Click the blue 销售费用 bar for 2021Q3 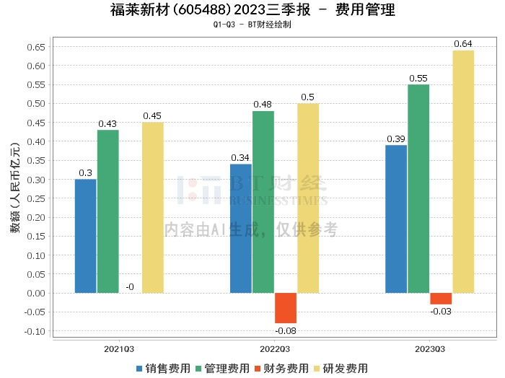(85, 236)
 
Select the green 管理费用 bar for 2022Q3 (263, 202)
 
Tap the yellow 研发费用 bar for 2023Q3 (463, 172)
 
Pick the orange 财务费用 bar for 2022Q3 (286, 308)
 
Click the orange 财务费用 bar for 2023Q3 (441, 299)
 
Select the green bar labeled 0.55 (418, 189)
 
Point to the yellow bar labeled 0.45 (152, 208)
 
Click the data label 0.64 (463, 44)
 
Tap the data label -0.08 (286, 330)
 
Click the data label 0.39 (396, 139)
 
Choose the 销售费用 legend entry (163, 368)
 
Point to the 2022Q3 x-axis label (274, 348)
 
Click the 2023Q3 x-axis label (429, 348)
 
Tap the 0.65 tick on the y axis (35, 47)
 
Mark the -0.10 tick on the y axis (33, 331)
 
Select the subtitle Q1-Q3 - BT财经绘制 (252, 25)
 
